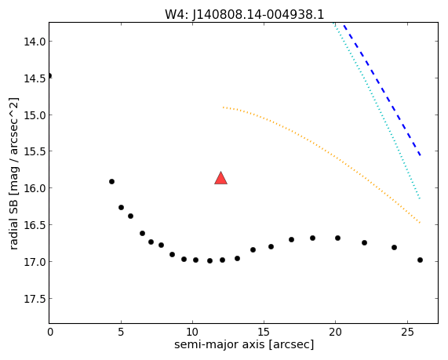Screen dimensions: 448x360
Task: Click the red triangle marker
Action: [x=220, y=178]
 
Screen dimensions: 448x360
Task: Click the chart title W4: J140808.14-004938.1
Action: [x=245, y=14]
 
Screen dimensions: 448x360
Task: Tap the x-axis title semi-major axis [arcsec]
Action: [x=244, y=344]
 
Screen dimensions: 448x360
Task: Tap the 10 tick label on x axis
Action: [x=192, y=332]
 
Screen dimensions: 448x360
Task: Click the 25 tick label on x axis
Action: [x=407, y=332]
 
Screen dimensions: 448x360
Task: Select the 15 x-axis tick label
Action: [x=264, y=332]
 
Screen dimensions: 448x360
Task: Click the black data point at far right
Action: [x=420, y=260]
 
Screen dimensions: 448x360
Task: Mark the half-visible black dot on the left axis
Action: [x=50, y=76]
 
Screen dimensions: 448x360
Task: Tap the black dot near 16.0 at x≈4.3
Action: [x=111, y=181]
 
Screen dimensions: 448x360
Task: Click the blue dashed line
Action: [x=382, y=89]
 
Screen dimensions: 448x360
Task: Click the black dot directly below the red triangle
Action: [x=222, y=260]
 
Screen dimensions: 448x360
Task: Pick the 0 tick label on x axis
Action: [x=50, y=332]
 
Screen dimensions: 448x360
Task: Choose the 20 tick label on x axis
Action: [x=335, y=332]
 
